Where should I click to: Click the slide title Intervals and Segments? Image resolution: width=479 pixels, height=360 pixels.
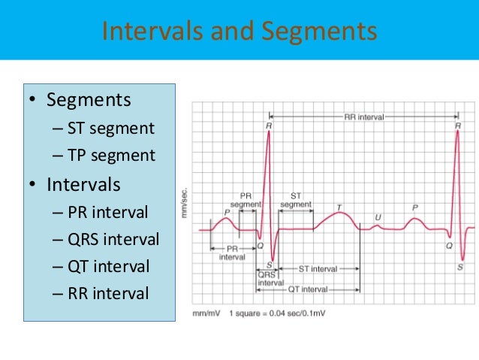tap(239, 32)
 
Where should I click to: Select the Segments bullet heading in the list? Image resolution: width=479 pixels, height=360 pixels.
tap(88, 100)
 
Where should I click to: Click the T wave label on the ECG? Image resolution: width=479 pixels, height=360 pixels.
tap(339, 207)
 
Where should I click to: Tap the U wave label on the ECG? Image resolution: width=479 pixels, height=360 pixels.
tap(378, 218)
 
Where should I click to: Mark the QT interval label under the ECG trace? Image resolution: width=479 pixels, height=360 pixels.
tap(309, 289)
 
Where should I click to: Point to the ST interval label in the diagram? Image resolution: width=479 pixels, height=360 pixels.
tap(318, 268)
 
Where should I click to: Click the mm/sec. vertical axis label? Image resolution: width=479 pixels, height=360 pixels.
tap(183, 203)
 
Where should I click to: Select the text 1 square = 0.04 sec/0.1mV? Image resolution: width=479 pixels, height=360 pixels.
tap(277, 312)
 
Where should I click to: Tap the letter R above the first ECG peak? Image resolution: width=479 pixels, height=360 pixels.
tap(268, 126)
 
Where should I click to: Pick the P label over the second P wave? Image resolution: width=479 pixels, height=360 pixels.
tap(415, 207)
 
